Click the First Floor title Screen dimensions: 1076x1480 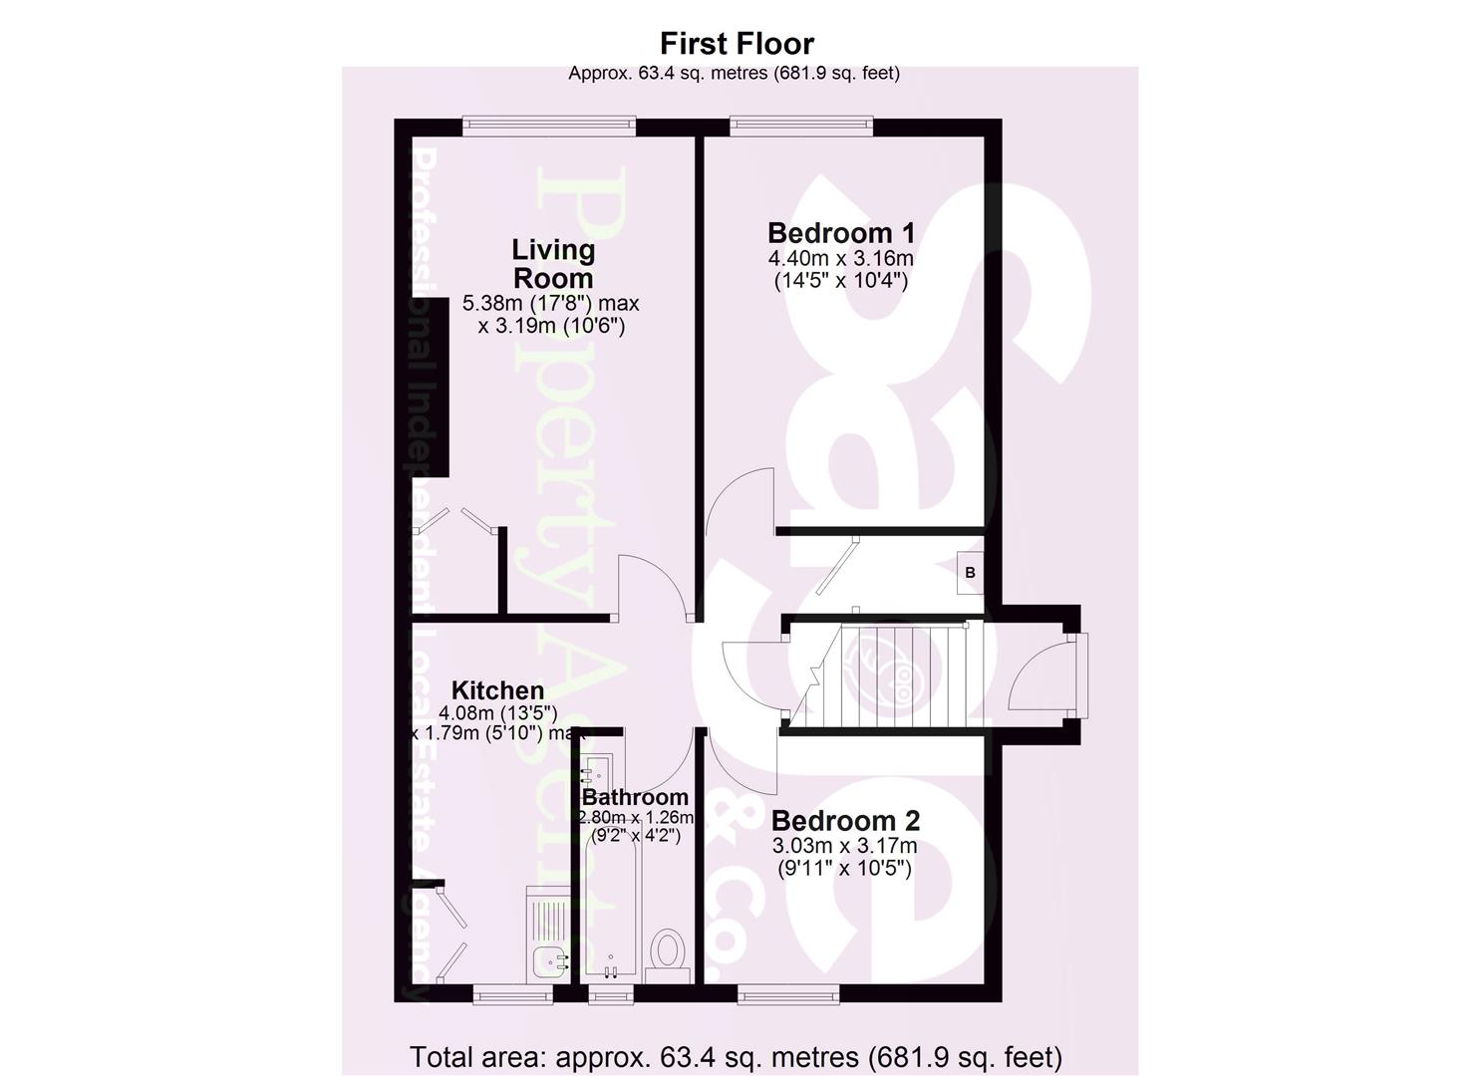pyautogui.click(x=737, y=44)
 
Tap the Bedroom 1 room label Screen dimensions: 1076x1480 pyautogui.click(x=840, y=233)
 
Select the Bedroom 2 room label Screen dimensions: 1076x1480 pyautogui.click(x=845, y=821)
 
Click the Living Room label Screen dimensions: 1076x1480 pyautogui.click(x=552, y=264)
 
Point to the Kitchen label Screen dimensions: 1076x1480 pyautogui.click(x=497, y=690)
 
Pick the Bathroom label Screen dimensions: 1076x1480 pyautogui.click(x=635, y=797)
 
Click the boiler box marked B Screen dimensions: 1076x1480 pyautogui.click(x=970, y=573)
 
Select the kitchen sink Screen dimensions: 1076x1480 pyautogui.click(x=550, y=961)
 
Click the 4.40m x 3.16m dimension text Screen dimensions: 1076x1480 pyautogui.click(x=840, y=259)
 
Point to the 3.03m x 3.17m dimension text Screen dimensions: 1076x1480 pyautogui.click(x=845, y=847)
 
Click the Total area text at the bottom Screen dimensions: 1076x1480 pyautogui.click(x=736, y=1056)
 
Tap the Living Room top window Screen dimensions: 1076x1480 pyautogui.click(x=548, y=126)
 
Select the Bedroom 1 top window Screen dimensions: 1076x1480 pyautogui.click(x=801, y=126)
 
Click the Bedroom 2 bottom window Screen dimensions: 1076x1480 pyautogui.click(x=787, y=992)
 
